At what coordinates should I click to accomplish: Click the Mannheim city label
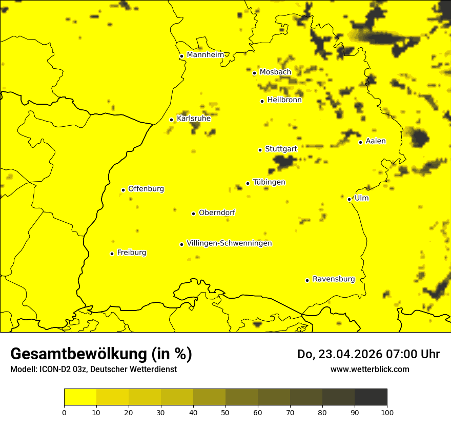pyautogui.click(x=205, y=55)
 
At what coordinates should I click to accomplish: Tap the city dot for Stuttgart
pyautogui.click(x=260, y=150)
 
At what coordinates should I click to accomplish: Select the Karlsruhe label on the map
pyautogui.click(x=194, y=119)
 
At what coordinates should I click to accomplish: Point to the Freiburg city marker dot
pyautogui.click(x=112, y=254)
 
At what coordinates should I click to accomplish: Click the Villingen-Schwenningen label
pyautogui.click(x=229, y=243)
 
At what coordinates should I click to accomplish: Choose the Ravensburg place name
pyautogui.click(x=334, y=279)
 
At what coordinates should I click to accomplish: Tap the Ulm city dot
pyautogui.click(x=349, y=199)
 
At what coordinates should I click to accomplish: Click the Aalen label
pyautogui.click(x=376, y=141)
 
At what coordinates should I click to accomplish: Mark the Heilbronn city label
pyautogui.click(x=284, y=100)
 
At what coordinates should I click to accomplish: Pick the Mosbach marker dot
pyautogui.click(x=254, y=73)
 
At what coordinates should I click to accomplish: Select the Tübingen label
pyautogui.click(x=269, y=182)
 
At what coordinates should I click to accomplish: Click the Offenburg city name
pyautogui.click(x=146, y=189)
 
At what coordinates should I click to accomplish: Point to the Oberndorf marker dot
pyautogui.click(x=193, y=214)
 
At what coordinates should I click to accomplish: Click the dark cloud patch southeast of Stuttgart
pyautogui.click(x=283, y=162)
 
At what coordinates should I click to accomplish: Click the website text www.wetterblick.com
pyautogui.click(x=370, y=369)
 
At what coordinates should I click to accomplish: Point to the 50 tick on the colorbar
pyautogui.click(x=225, y=412)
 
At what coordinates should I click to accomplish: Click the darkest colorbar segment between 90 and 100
pyautogui.click(x=371, y=397)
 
